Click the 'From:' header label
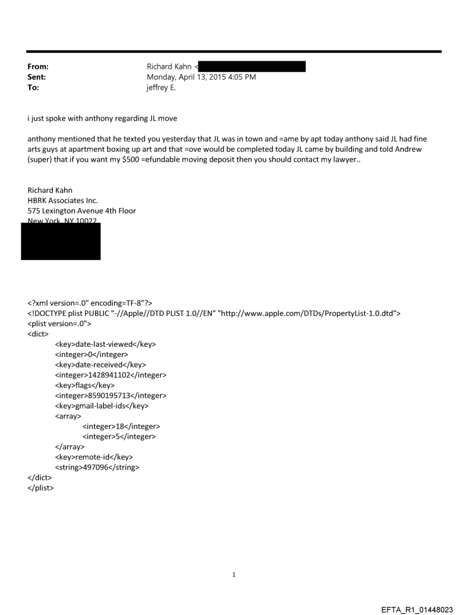38,66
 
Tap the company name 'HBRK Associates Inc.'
63,201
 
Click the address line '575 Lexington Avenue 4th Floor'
81,210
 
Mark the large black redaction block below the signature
61,241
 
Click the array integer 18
121,426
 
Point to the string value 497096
97,468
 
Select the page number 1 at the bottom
234,574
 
